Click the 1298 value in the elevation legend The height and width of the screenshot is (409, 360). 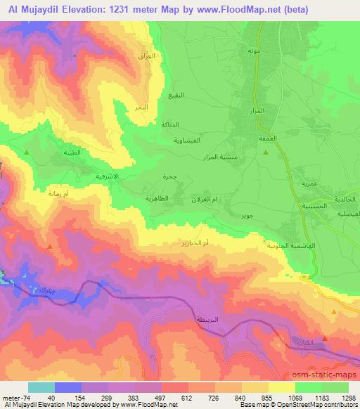339,398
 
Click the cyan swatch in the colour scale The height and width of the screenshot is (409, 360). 41,387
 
